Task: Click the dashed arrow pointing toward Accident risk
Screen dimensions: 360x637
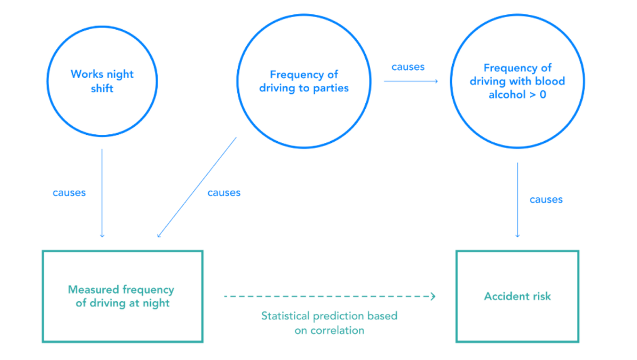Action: [329, 296]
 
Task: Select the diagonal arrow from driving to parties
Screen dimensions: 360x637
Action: [196, 187]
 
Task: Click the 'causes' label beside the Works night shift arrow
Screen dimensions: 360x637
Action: [69, 193]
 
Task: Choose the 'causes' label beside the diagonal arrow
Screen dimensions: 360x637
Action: [224, 193]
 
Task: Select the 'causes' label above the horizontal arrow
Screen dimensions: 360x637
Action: [408, 67]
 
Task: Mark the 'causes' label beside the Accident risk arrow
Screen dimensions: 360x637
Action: [546, 200]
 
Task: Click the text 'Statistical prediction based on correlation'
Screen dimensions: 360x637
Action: [329, 323]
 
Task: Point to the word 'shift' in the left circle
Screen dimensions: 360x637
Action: [102, 88]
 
